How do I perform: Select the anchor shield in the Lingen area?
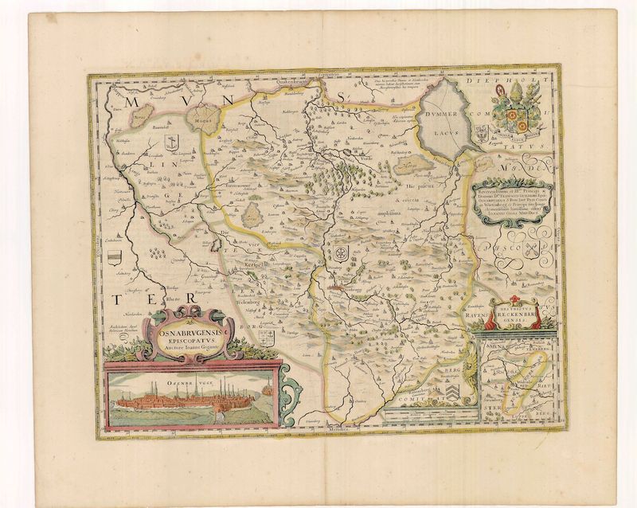click(x=168, y=142)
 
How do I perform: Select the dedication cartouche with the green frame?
click(x=511, y=201)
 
